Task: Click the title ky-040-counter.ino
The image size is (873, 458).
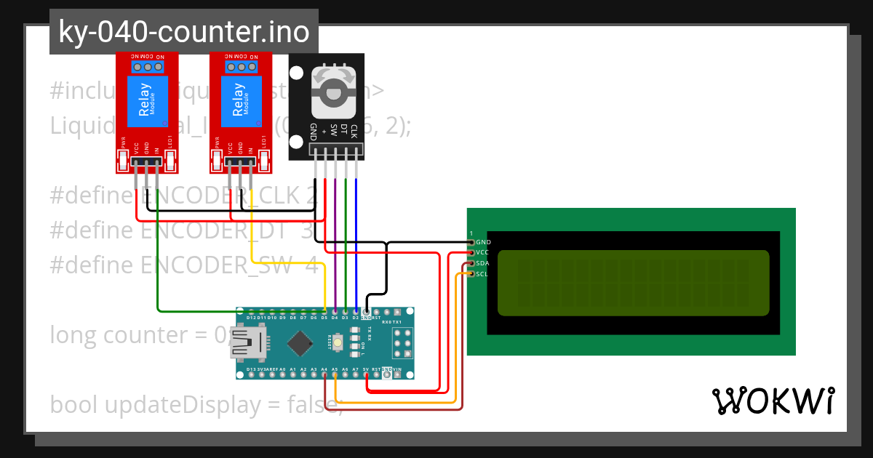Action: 183,32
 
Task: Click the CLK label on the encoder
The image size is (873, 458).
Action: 354,132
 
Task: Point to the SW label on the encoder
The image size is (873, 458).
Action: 333,132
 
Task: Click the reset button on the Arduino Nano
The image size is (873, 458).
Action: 338,342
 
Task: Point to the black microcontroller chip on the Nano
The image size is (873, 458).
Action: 299,342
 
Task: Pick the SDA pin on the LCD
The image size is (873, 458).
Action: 471,263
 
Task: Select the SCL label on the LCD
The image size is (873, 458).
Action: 482,274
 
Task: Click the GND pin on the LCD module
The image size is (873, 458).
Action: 471,242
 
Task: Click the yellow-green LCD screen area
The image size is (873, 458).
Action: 633,283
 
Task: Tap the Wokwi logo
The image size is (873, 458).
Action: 773,401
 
